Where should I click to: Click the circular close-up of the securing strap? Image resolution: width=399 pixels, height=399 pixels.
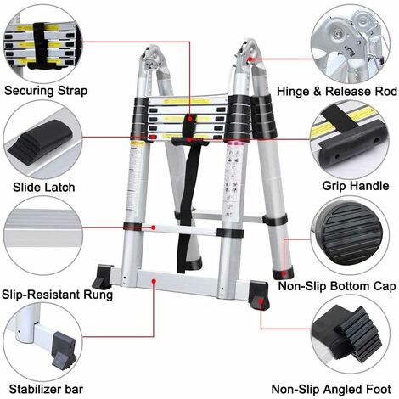(x=38, y=39)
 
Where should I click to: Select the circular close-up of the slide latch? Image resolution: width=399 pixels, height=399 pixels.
(x=38, y=136)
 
